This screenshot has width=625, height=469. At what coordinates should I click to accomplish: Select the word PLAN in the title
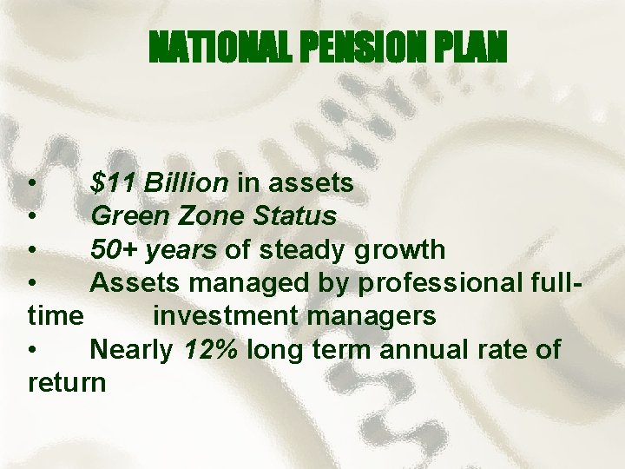470,50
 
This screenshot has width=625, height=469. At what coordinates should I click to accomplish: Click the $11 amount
113,183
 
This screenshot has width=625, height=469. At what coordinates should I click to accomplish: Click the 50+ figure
113,250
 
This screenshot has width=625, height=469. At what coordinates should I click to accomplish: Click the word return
67,383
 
